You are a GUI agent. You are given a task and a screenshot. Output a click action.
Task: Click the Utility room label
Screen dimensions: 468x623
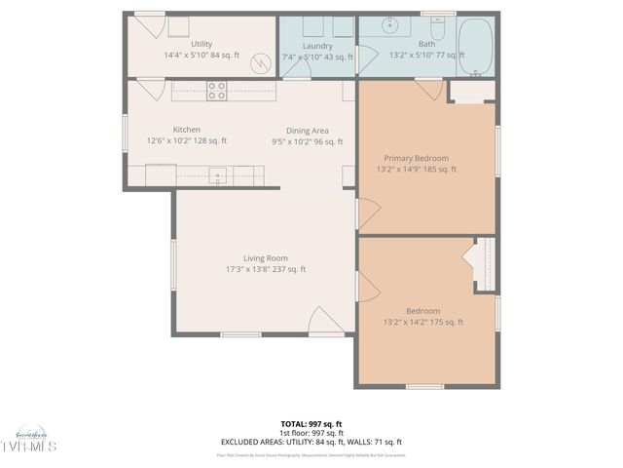(202, 44)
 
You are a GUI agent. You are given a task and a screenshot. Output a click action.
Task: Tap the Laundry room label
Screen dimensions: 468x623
(317, 46)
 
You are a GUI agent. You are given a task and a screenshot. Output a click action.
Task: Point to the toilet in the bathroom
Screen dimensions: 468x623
(437, 33)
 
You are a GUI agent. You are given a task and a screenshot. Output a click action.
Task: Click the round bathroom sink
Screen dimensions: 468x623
(391, 26)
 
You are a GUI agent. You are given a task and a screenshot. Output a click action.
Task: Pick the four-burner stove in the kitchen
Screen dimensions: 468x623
(216, 91)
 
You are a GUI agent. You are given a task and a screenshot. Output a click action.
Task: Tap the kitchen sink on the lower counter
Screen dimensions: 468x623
(219, 176)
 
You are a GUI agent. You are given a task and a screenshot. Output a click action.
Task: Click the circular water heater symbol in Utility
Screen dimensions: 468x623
(259, 63)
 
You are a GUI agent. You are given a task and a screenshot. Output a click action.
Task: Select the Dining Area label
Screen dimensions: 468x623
(307, 131)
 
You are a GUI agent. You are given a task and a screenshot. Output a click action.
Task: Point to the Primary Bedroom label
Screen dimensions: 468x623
(416, 158)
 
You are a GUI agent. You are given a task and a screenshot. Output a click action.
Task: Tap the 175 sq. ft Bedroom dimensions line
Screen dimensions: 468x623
(422, 323)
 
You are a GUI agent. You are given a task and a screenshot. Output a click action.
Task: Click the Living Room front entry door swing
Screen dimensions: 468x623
(324, 321)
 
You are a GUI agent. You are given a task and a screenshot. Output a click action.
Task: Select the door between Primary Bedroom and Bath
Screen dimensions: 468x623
(428, 89)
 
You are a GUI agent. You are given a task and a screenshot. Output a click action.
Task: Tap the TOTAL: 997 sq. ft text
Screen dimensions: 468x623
(311, 424)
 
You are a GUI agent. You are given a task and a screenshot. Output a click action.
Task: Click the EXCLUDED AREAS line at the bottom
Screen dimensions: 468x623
(311, 442)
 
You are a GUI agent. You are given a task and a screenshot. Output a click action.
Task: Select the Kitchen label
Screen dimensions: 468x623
(186, 130)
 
